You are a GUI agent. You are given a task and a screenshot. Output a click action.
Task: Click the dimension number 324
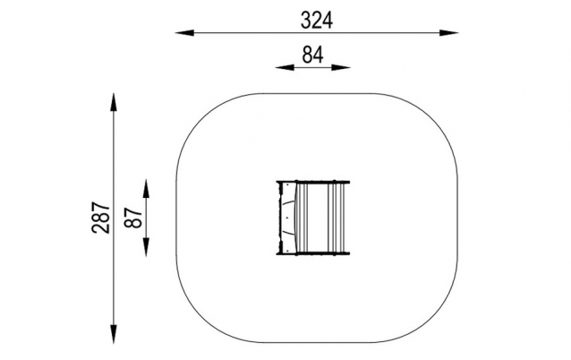pyautogui.click(x=317, y=21)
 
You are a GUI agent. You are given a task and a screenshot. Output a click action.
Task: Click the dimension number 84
pyautogui.click(x=313, y=55)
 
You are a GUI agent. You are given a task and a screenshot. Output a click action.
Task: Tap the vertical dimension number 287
pyautogui.click(x=101, y=218)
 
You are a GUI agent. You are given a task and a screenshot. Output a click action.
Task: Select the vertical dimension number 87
pyautogui.click(x=133, y=218)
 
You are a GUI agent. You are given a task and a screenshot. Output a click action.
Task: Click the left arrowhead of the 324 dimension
pyautogui.click(x=184, y=33)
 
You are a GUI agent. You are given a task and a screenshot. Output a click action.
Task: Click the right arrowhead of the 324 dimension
pyautogui.click(x=448, y=33)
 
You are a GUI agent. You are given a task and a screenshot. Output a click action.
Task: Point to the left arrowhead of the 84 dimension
pyautogui.click(x=285, y=67)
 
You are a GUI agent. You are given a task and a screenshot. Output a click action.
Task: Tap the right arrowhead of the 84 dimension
pyautogui.click(x=341, y=67)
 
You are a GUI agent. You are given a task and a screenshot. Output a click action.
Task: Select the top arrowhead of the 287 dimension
pyautogui.click(x=114, y=102)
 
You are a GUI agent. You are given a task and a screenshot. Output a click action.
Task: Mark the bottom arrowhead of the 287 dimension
pyautogui.click(x=114, y=334)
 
